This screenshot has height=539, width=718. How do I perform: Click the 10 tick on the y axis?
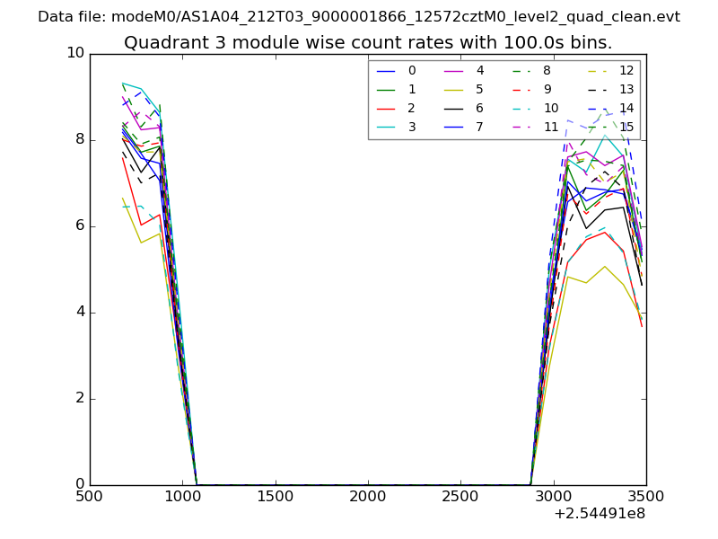coord(74,53)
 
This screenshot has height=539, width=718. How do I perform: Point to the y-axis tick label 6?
coord(78,225)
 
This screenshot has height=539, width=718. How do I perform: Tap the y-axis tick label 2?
coord(78,398)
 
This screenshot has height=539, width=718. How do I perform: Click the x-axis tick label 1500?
coord(275,497)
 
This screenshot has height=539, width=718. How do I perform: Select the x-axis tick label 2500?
coord(460,497)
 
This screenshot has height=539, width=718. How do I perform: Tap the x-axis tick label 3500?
coord(645,497)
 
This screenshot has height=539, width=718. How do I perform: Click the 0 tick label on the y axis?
coord(78,484)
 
